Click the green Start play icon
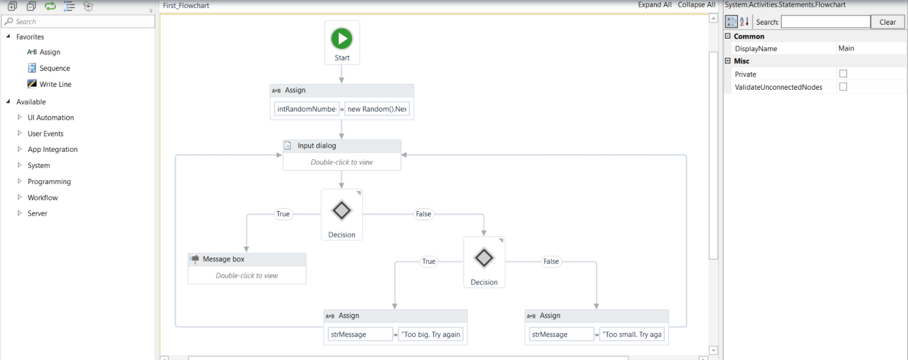[342, 39]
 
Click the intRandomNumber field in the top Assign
[307, 109]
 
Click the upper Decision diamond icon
[342, 210]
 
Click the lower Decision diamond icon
[484, 258]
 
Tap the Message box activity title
[224, 259]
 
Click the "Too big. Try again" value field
[431, 334]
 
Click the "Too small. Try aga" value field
[631, 334]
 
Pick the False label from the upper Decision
[423, 214]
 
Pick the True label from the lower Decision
[429, 262]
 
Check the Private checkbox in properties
[843, 74]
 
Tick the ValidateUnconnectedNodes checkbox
[843, 87]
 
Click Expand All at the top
[654, 5]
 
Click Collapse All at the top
[696, 5]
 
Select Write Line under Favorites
[55, 84]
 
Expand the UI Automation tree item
[20, 117]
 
